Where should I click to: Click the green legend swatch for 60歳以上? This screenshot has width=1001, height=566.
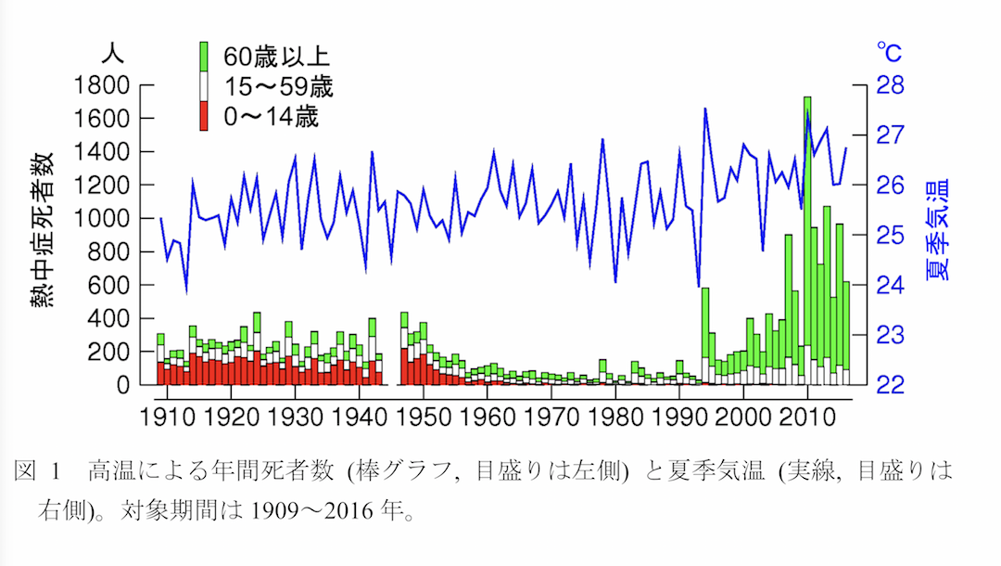[205, 57]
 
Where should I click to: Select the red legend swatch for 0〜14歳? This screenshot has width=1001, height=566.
[205, 118]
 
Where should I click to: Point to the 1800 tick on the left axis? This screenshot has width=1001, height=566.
[102, 85]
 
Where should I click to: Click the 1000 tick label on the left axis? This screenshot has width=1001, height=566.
[102, 219]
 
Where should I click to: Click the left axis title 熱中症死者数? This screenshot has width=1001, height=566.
[43, 232]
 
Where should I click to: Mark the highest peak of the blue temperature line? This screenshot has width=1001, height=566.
[705, 109]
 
